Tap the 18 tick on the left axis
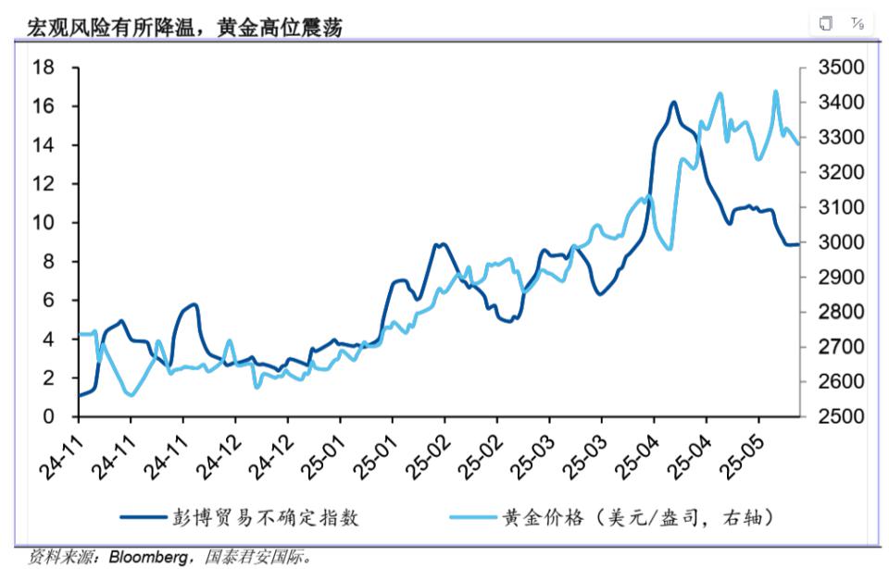43,68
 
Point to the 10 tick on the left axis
43,223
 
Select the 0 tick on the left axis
48,417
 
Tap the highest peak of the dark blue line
673,103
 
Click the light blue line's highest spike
776,92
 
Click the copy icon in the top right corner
826,23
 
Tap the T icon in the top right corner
857,23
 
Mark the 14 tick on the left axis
43,145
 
